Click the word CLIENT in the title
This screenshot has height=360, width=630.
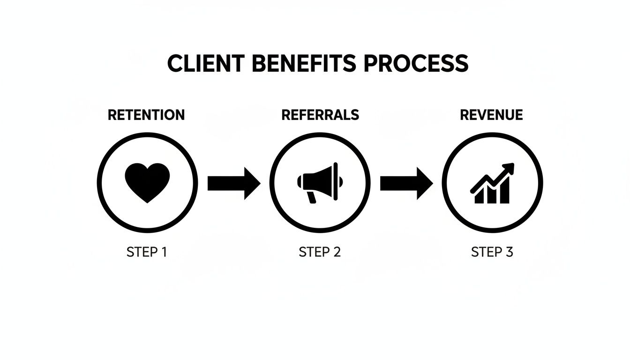[x=205, y=63]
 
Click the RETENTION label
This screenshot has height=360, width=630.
[x=146, y=115]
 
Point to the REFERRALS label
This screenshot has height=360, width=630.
[x=320, y=115]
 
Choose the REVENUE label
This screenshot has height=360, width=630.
[x=491, y=115]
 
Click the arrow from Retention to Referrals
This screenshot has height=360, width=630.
[x=233, y=183]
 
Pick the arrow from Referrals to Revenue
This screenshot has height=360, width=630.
[x=406, y=183]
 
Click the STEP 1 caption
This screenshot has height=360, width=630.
[x=147, y=252]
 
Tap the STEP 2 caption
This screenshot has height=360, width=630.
[x=320, y=252]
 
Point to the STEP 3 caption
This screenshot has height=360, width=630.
[x=492, y=252]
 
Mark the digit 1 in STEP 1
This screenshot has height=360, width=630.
[x=164, y=252]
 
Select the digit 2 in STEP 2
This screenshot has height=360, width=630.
[x=337, y=252]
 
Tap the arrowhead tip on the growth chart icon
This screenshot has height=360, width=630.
[x=511, y=165]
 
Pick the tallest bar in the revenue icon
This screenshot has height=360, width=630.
[x=504, y=191]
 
